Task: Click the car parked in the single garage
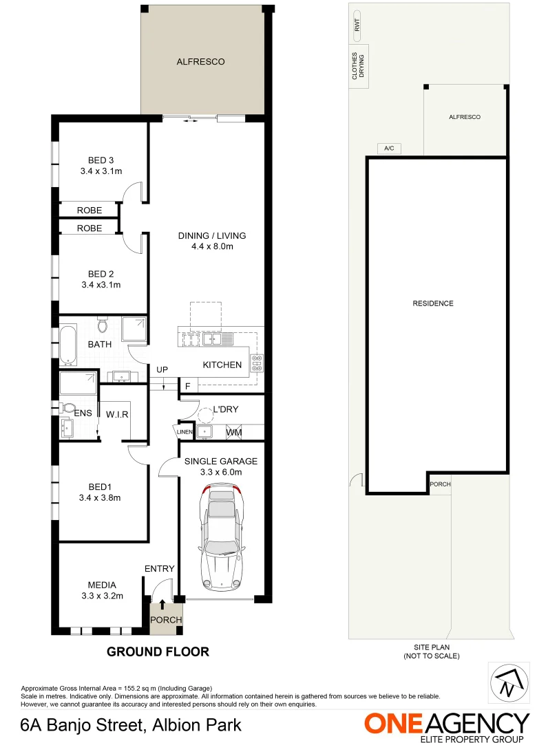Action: tap(222, 537)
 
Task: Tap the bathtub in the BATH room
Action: tap(67, 345)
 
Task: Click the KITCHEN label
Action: tap(222, 365)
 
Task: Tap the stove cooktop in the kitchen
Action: tap(257, 363)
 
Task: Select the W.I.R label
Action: tap(118, 414)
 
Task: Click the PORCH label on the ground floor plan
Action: tap(167, 620)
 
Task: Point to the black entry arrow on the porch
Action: tap(162, 604)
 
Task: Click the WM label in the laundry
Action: tap(234, 432)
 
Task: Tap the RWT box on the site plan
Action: tap(357, 25)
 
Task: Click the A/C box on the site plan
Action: tap(389, 149)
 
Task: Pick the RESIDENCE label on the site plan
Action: tap(433, 303)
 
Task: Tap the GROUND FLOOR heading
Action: tap(158, 652)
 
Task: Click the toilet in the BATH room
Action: tap(103, 323)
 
